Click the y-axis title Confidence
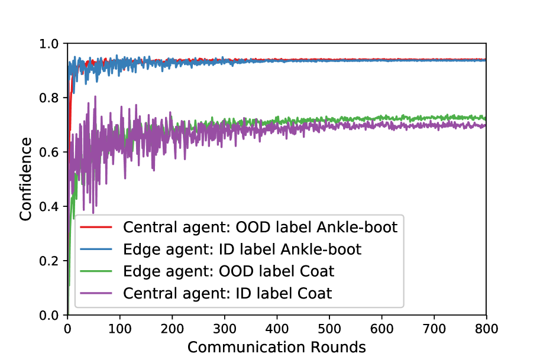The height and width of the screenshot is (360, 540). tap(25, 179)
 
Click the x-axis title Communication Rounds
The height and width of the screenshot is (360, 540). tap(277, 347)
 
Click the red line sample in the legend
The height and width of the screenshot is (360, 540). tap(96, 227)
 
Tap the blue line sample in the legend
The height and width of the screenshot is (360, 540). tap(96, 249)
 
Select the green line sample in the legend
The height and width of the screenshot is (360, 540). tap(96, 271)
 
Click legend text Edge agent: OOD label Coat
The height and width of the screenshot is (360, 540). tap(229, 271)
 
